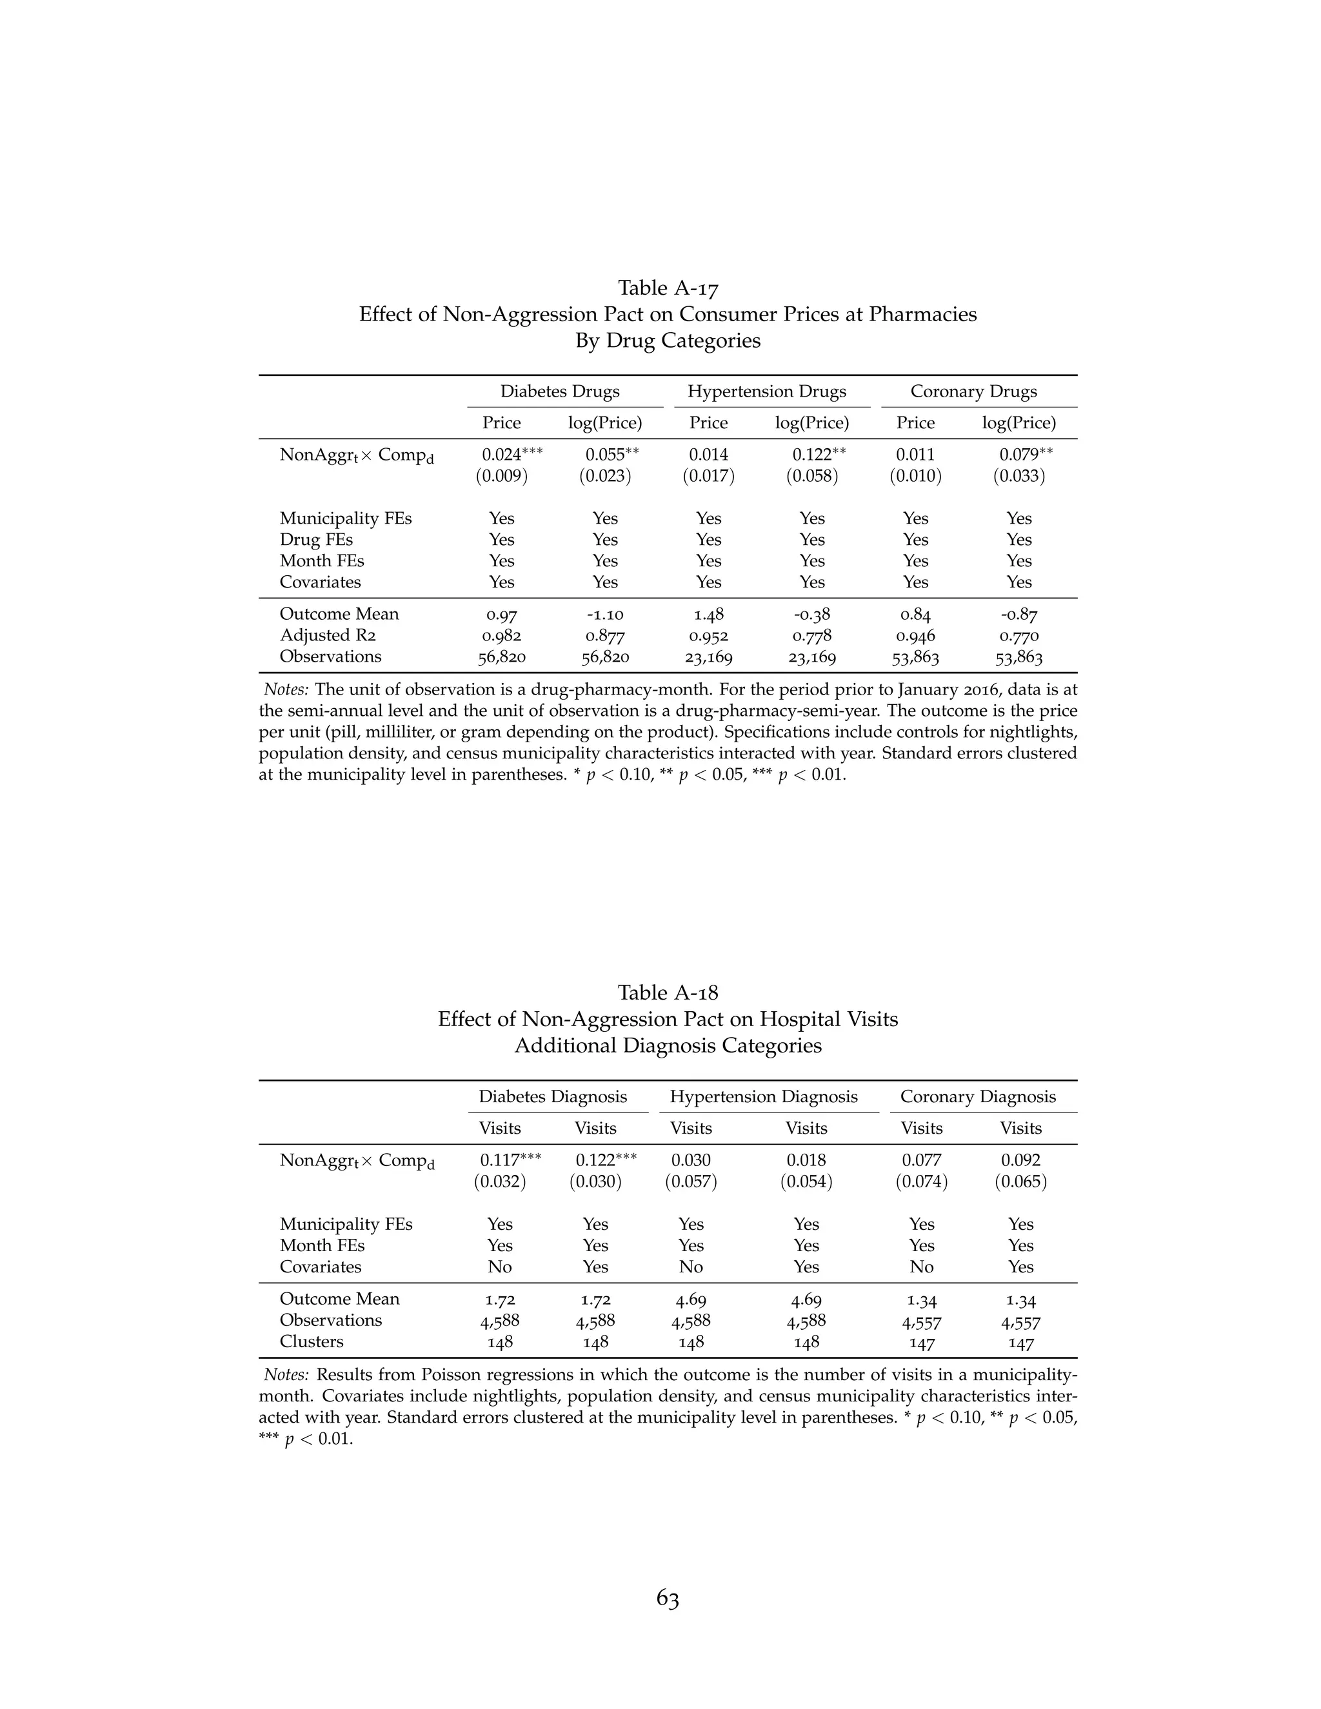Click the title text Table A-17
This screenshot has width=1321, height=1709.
(668, 288)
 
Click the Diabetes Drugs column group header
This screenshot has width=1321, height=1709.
(559, 391)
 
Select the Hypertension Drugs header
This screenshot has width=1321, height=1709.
(766, 391)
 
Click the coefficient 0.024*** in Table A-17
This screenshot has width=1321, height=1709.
(511, 455)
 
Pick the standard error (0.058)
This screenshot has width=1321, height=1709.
(811, 476)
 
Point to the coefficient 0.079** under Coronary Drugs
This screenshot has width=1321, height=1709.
(1025, 455)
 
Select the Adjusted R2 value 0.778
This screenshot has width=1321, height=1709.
(811, 635)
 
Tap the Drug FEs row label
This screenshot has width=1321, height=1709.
(316, 540)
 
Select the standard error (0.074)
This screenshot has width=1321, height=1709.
(921, 1181)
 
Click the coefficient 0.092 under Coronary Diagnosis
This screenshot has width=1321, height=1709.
(1020, 1160)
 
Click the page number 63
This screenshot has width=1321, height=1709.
(668, 1599)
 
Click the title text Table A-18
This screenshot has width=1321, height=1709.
(668, 993)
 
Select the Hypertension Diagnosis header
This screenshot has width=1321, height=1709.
(763, 1096)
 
